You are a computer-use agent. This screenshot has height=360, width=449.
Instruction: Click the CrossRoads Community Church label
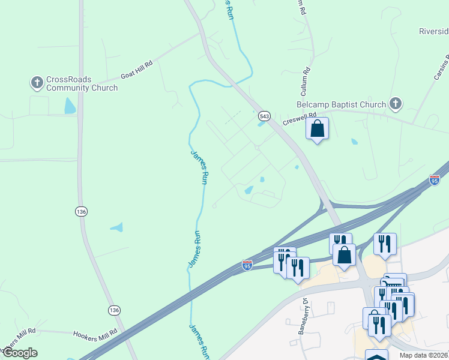[82, 83]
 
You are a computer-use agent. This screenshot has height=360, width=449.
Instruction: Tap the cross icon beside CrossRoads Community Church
[37, 82]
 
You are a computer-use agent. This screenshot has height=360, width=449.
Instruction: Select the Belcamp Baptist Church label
[341, 105]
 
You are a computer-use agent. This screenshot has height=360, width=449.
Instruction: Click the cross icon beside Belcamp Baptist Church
[395, 104]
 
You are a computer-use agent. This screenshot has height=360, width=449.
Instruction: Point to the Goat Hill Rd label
[137, 70]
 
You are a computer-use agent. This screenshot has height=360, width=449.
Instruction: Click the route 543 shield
[264, 115]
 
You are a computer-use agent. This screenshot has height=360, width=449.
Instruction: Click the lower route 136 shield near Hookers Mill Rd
[115, 310]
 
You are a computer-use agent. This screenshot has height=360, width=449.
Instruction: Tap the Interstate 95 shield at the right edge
[435, 179]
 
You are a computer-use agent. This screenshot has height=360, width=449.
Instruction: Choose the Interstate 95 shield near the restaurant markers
[247, 265]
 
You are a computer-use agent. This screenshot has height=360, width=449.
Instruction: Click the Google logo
[19, 353]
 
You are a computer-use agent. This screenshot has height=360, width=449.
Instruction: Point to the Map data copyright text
[423, 355]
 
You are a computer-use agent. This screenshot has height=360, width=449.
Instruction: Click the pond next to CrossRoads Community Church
[70, 106]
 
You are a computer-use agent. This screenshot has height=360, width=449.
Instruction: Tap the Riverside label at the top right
[433, 31]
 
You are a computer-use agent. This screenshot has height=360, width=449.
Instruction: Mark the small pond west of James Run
[117, 227]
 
